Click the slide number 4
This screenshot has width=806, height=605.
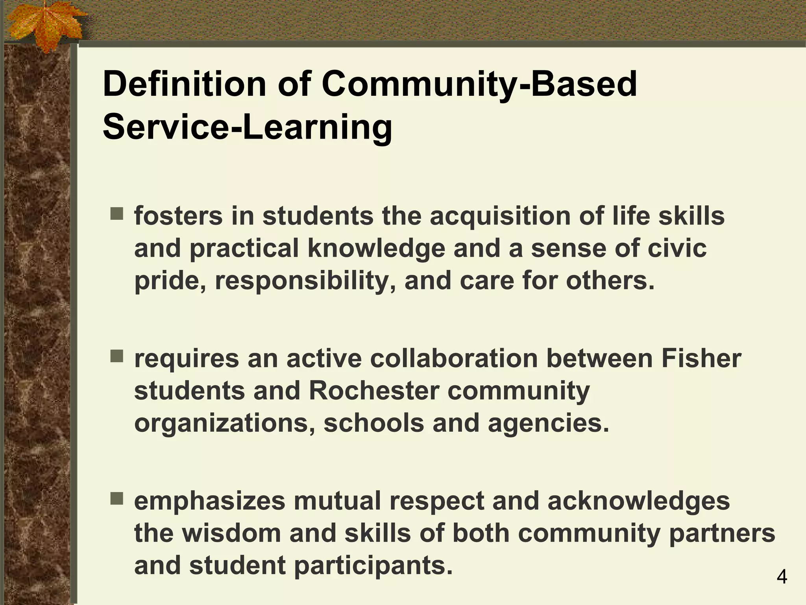[782, 577]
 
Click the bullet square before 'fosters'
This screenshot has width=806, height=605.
[116, 215]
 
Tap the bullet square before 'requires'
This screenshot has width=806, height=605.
[116, 356]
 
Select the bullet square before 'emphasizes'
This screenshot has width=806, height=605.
[116, 499]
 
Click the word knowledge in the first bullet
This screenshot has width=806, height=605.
[376, 249]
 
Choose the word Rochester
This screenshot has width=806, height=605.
[374, 391]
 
